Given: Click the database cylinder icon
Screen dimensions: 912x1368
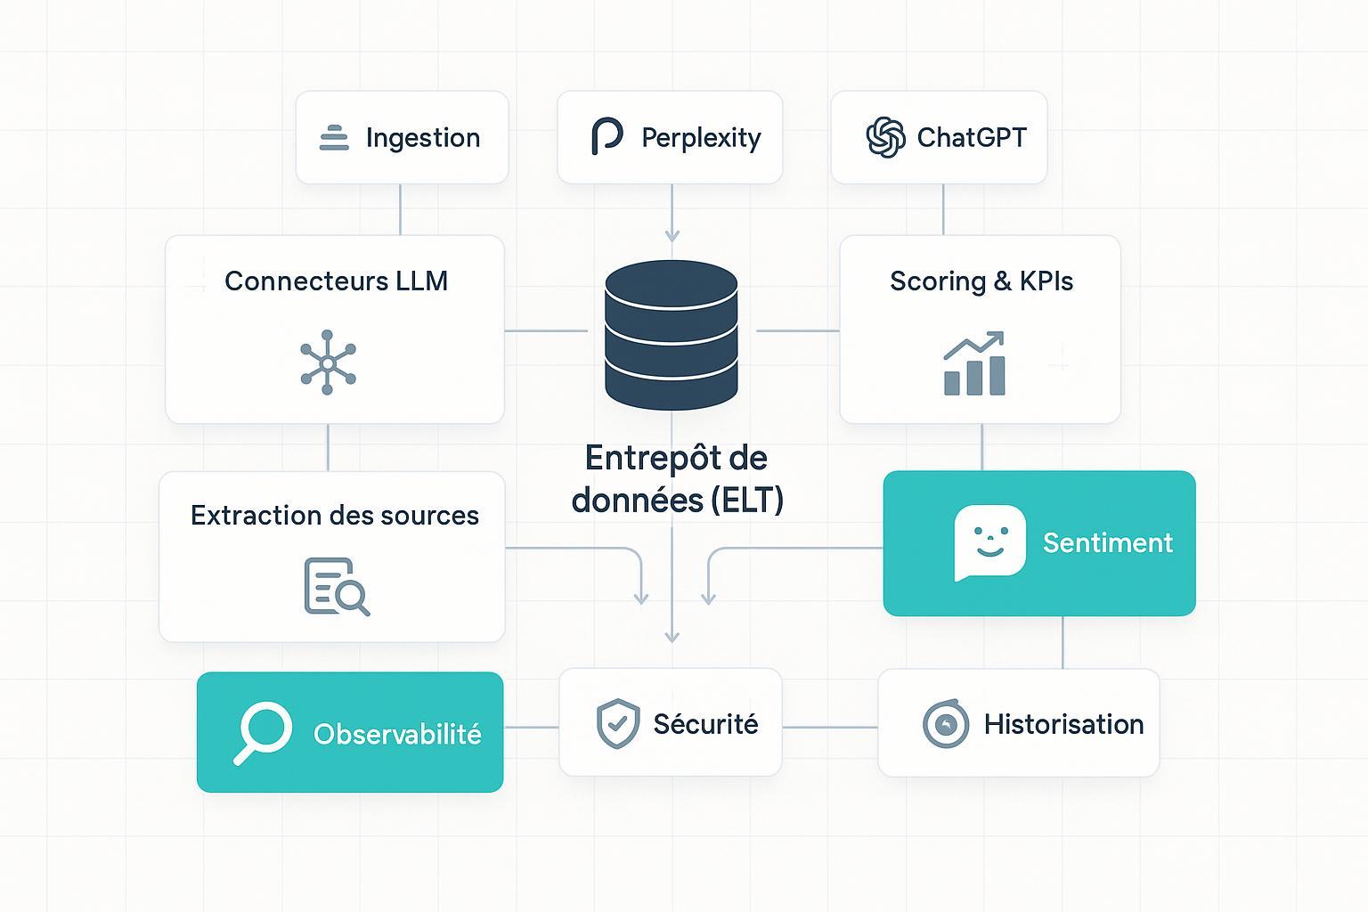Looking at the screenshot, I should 672,334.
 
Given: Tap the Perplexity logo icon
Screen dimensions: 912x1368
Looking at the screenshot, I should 607,137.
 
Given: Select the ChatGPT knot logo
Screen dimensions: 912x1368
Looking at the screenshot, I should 885,137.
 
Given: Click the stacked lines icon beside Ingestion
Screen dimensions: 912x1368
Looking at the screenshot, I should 334,138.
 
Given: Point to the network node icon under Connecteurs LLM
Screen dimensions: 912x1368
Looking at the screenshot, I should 328,362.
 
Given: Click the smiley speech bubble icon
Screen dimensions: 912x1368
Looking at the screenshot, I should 989,542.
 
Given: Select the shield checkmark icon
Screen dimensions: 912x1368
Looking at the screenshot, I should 617,723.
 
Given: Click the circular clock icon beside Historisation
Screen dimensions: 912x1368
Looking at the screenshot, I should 945,724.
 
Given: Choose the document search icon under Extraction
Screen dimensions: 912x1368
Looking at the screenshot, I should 336,586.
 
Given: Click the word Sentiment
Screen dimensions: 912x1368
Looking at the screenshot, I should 1107,543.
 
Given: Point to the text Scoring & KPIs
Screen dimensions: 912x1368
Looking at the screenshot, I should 981,281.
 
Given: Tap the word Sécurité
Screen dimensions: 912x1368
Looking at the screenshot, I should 705,724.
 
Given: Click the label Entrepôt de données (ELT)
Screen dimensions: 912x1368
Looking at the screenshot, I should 677,479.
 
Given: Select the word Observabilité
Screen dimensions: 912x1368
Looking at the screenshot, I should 397,734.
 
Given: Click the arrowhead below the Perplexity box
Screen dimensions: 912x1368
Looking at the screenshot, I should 672,235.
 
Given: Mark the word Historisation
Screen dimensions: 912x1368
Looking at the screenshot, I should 1063,724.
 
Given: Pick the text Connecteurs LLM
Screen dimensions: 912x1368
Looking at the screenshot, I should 336,281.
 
